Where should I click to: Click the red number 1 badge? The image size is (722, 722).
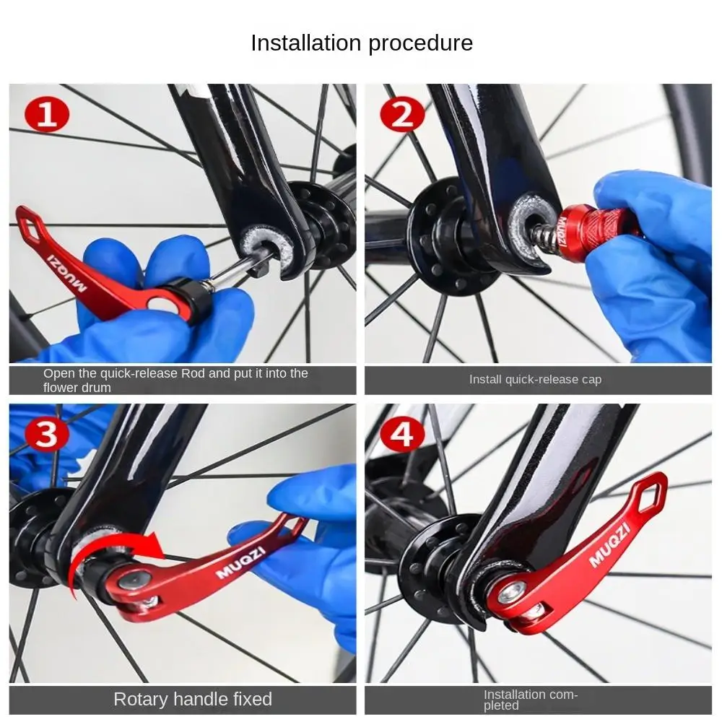(46, 114)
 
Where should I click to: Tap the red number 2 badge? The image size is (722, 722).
(402, 114)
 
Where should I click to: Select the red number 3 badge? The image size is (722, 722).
(46, 434)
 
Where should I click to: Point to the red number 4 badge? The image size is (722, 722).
(402, 434)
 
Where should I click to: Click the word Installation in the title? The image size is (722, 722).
(305, 43)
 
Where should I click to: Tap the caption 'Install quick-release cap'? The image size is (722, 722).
(535, 380)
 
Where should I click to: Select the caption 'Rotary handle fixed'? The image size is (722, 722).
(193, 699)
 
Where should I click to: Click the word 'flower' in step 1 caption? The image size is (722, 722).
(58, 388)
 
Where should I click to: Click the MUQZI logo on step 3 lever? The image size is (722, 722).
(241, 562)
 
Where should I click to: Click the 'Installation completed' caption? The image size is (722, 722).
(530, 700)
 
